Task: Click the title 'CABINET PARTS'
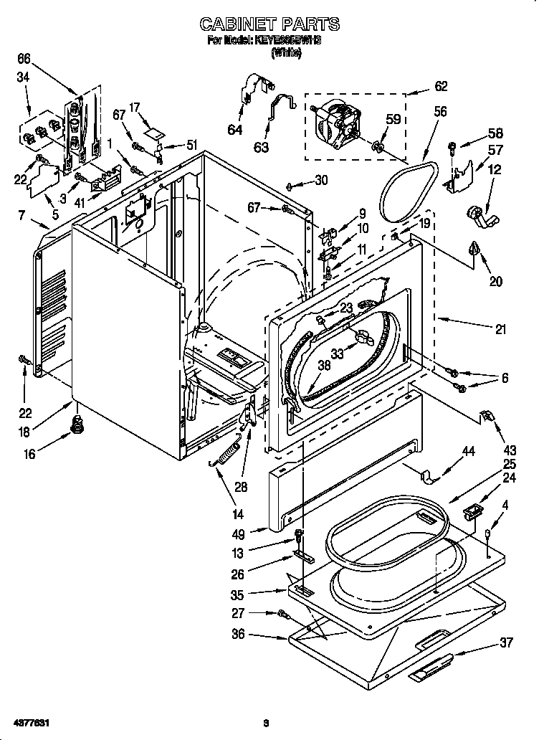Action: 269,24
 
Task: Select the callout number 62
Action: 440,87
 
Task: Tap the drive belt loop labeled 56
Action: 407,189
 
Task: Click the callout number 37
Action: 506,642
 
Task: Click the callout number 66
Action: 24,58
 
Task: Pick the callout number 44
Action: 468,452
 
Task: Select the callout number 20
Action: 495,282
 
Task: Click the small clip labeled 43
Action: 487,415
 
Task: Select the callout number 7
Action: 23,214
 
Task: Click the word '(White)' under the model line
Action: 280,52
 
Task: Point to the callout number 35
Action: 258,594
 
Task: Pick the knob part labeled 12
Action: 477,214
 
